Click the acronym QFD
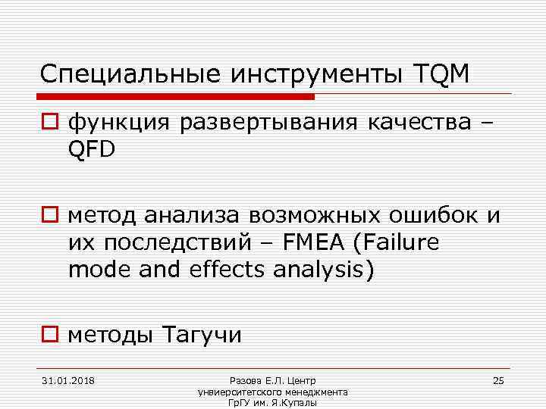(x=92, y=150)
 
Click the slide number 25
(x=498, y=379)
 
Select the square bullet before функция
(x=51, y=121)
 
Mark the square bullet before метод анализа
(x=51, y=215)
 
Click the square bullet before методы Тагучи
(x=51, y=332)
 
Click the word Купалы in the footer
(x=300, y=402)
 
